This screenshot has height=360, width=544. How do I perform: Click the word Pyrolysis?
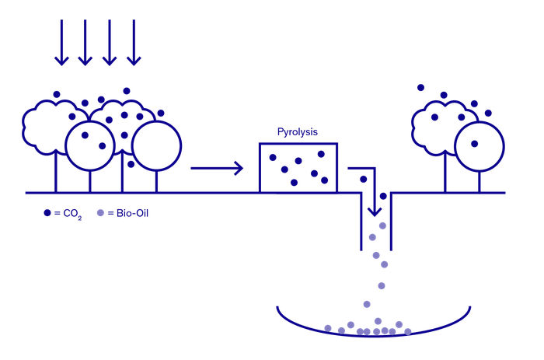click(299, 132)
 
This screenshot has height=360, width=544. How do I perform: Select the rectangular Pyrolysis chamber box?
click(298, 167)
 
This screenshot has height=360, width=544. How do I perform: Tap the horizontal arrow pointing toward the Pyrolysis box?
click(217, 166)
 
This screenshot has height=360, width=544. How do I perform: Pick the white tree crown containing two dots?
click(92, 145)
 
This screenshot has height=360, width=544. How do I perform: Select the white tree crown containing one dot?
click(479, 145)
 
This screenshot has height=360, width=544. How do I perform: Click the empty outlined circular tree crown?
click(155, 146)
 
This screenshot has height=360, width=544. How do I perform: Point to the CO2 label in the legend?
click(71, 212)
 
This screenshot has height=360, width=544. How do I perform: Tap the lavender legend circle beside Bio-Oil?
click(100, 212)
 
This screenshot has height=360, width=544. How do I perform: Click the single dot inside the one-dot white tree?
click(473, 143)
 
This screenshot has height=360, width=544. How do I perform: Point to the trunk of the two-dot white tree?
click(89, 180)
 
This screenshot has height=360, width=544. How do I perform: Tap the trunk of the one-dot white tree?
click(479, 180)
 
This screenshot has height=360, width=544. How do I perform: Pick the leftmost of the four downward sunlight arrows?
click(61, 43)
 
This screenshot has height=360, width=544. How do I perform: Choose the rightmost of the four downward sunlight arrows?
click(134, 43)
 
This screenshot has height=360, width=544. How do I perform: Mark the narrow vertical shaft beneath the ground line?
click(376, 225)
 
